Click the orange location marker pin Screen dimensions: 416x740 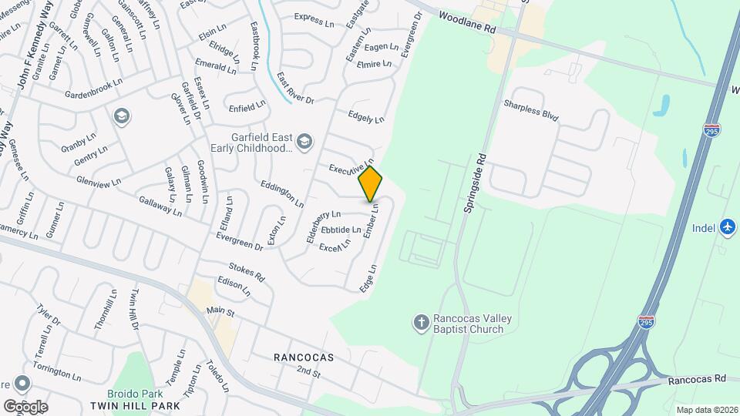tap(370, 184)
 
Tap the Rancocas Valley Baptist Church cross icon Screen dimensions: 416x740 tap(421, 321)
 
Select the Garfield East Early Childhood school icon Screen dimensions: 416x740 tap(304, 141)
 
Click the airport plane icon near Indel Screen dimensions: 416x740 tap(727, 227)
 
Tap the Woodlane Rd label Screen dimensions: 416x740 tap(467, 22)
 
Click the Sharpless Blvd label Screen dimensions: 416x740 tap(530, 111)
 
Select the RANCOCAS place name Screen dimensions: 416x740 tap(304, 357)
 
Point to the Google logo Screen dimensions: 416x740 tap(25, 406)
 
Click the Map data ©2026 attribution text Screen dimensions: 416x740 tap(706, 410)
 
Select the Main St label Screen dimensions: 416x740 tap(220, 310)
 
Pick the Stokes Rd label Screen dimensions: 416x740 tap(246, 271)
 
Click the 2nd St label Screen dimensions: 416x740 tap(308, 372)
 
